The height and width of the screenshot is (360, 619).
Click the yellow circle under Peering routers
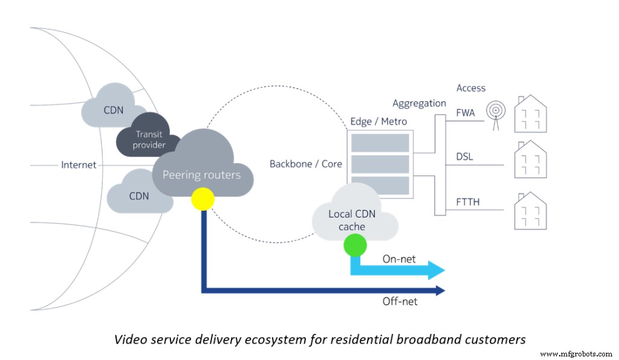203,199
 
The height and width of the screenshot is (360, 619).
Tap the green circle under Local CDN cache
355,245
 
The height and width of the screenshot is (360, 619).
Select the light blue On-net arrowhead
437,270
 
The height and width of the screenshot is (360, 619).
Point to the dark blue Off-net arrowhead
441,291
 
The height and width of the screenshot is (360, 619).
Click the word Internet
79,164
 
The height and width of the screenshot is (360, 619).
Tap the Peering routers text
201,175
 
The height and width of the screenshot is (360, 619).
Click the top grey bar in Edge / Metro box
380,143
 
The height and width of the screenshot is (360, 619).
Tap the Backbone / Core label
306,164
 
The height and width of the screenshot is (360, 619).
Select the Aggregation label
419,103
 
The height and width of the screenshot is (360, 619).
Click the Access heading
471,88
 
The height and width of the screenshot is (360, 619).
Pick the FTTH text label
468,202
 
